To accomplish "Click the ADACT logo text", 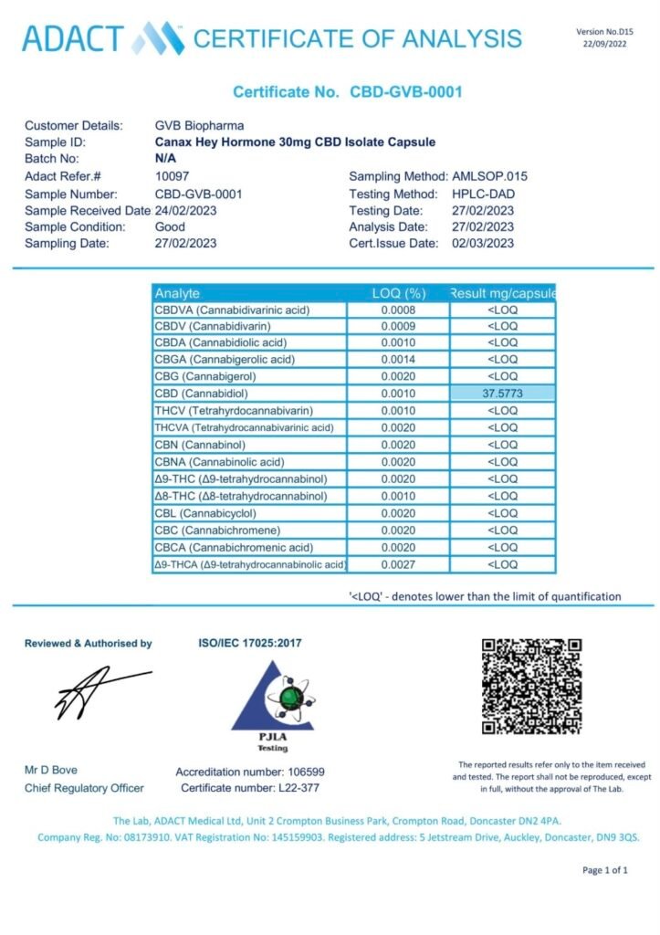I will click(73, 38).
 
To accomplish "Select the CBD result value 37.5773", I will click(502, 394).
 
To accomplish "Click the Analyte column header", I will click(177, 293).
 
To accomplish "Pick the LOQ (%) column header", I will click(398, 293).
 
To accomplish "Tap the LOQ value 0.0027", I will click(398, 565).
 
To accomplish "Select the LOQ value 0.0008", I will click(398, 310).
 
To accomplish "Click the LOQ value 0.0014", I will click(398, 360).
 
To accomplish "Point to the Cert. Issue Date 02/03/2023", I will click(483, 243).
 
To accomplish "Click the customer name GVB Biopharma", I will click(200, 125).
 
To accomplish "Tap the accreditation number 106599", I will click(298, 772).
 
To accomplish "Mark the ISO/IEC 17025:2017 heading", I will click(250, 643).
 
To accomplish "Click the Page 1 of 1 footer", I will click(605, 870).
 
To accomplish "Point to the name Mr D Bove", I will click(51, 770).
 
